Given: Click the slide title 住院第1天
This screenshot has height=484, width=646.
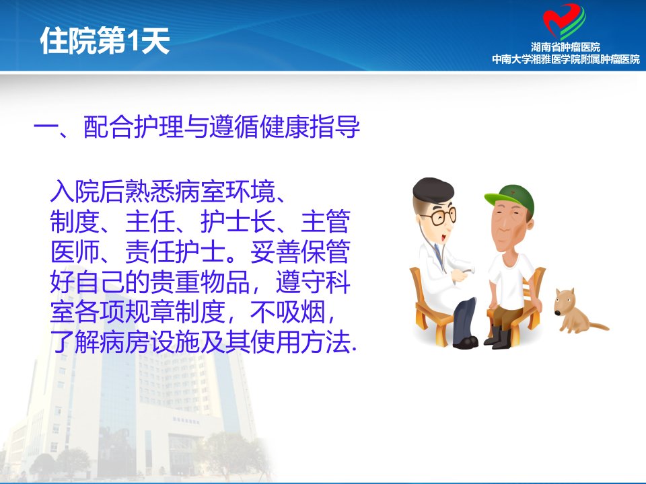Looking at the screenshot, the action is (x=105, y=40).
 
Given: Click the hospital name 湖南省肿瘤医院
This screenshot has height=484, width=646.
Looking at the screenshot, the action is (x=565, y=47).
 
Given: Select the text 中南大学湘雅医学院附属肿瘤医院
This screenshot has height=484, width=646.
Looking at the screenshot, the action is (x=566, y=59).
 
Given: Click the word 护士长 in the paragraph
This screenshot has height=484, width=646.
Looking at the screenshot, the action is (x=238, y=222).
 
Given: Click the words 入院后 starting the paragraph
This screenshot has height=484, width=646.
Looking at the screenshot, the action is (x=87, y=192).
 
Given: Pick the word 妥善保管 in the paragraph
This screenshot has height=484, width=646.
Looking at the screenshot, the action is (x=300, y=252).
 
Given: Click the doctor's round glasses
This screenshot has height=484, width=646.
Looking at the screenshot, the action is (x=439, y=216).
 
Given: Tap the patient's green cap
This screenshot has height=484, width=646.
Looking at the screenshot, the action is (x=511, y=198).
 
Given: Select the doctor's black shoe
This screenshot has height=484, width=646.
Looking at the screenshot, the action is (x=465, y=341).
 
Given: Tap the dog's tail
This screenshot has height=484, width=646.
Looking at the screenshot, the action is (x=598, y=326).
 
